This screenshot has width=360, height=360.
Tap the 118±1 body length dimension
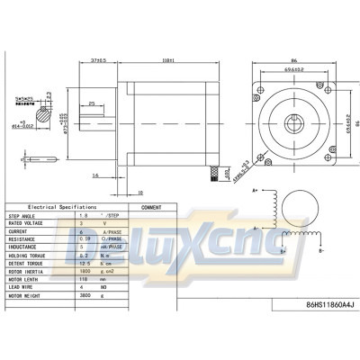click(166, 60)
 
